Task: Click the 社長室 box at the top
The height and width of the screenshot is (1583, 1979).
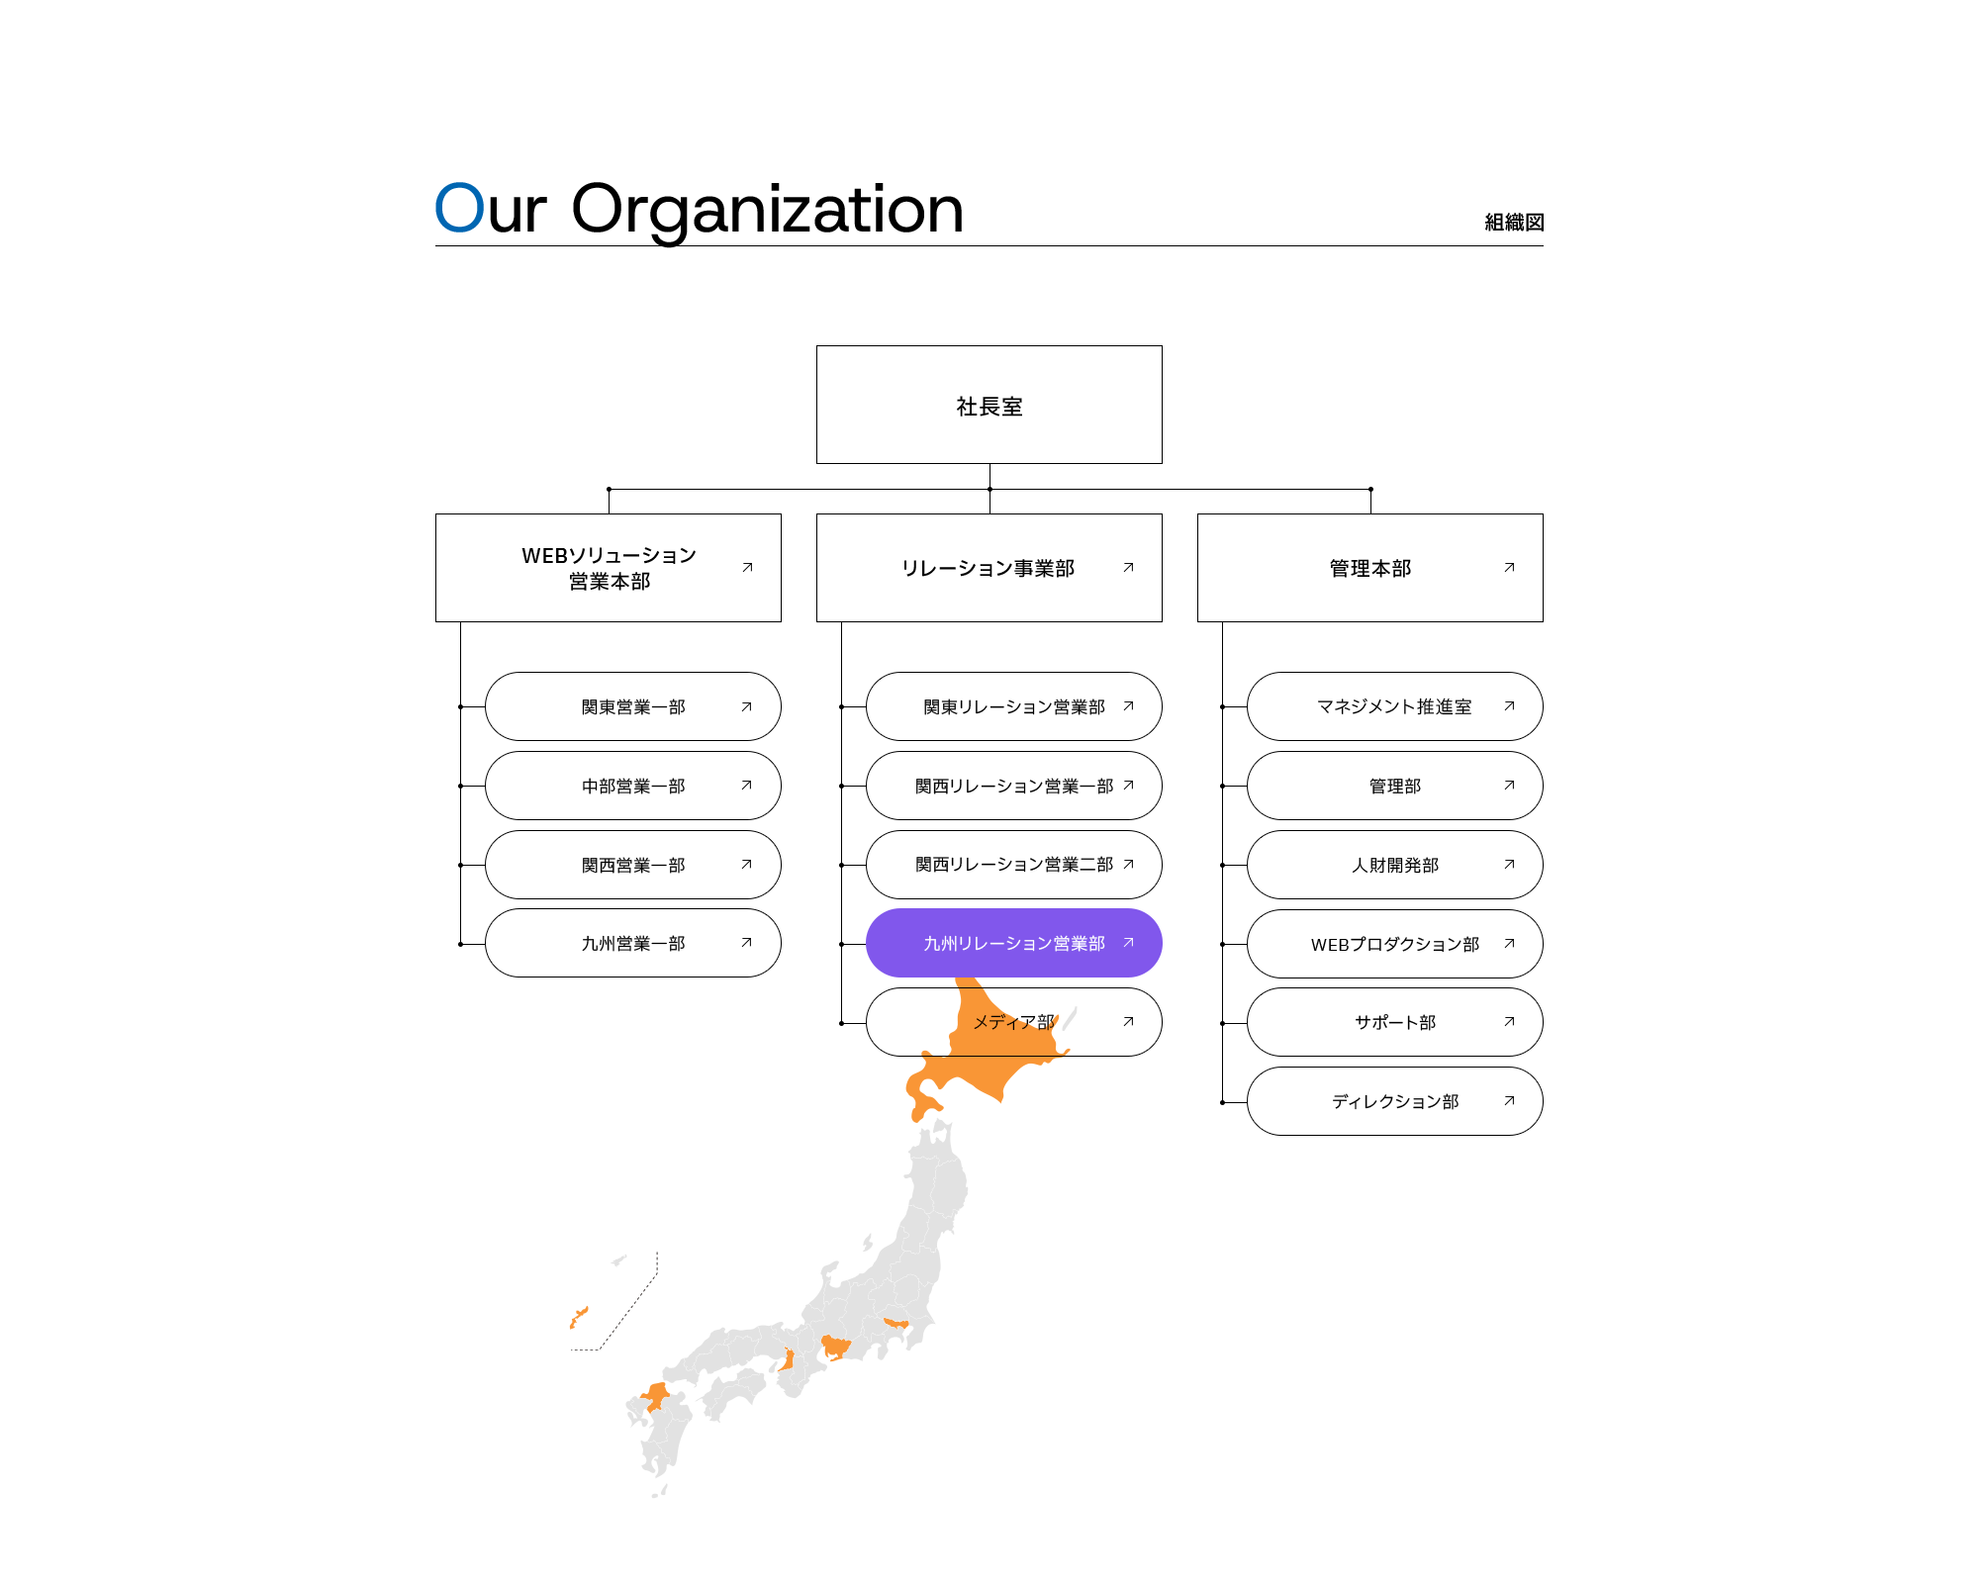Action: point(989,405)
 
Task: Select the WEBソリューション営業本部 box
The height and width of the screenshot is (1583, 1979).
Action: point(609,568)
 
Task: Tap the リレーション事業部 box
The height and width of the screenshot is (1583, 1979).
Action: point(989,568)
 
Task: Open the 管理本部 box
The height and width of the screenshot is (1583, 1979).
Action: point(1369,568)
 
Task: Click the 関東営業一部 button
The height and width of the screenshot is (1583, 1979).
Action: point(633,706)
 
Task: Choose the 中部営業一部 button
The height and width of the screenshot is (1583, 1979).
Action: point(633,786)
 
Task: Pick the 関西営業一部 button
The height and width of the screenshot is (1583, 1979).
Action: point(633,865)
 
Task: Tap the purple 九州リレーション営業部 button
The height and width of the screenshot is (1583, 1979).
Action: point(1013,943)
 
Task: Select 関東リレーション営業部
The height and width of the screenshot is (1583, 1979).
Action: point(1013,706)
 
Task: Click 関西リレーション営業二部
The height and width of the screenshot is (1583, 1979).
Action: point(1013,865)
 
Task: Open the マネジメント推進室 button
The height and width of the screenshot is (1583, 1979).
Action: point(1394,706)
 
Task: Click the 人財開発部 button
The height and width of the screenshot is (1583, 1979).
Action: point(1394,865)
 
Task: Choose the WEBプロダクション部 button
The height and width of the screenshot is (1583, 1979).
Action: point(1394,944)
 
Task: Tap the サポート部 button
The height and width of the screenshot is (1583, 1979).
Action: point(1394,1022)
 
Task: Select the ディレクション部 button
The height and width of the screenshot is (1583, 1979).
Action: point(1394,1101)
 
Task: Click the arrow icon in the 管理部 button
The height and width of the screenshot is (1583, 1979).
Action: point(1509,786)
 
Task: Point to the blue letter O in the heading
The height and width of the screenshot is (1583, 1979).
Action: point(459,208)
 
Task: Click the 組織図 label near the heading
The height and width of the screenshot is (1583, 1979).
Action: point(1514,222)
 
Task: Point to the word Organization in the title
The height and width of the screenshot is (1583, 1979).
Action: point(767,210)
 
